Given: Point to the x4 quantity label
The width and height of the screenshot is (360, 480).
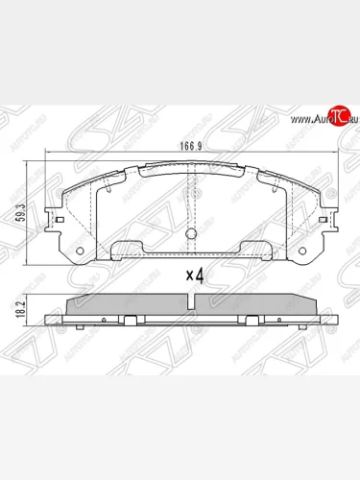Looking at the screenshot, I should [x=195, y=276].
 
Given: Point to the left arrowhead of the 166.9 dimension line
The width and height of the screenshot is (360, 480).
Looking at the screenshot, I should [x=46, y=156].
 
